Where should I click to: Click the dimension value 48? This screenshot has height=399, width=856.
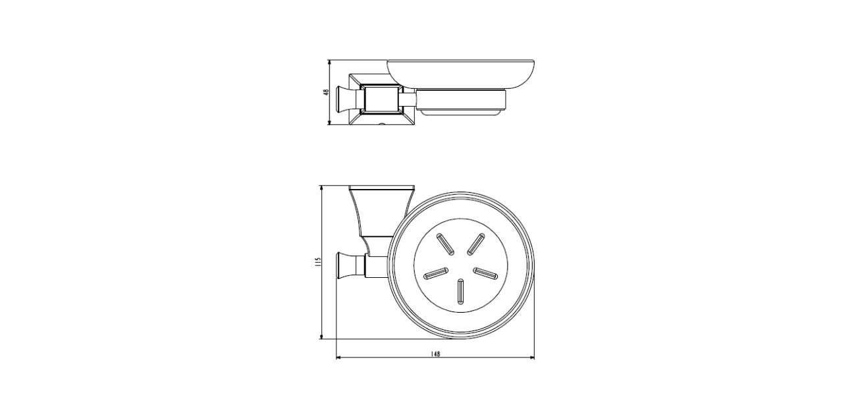click(x=326, y=92)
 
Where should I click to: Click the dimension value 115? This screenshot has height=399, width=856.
click(x=318, y=262)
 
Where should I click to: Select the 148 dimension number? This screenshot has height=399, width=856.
click(x=435, y=354)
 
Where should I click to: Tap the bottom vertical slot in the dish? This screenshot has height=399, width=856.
click(x=460, y=292)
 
